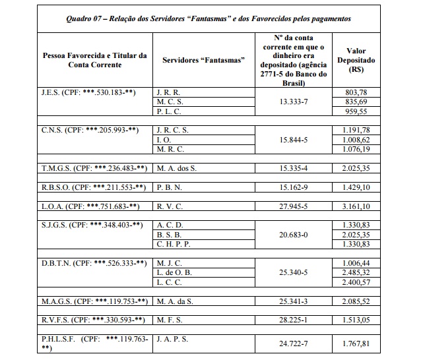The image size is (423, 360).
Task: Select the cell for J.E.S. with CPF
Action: coord(88,92)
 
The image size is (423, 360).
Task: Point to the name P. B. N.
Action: coord(172,187)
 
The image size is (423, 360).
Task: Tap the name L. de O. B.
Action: coord(176,272)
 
